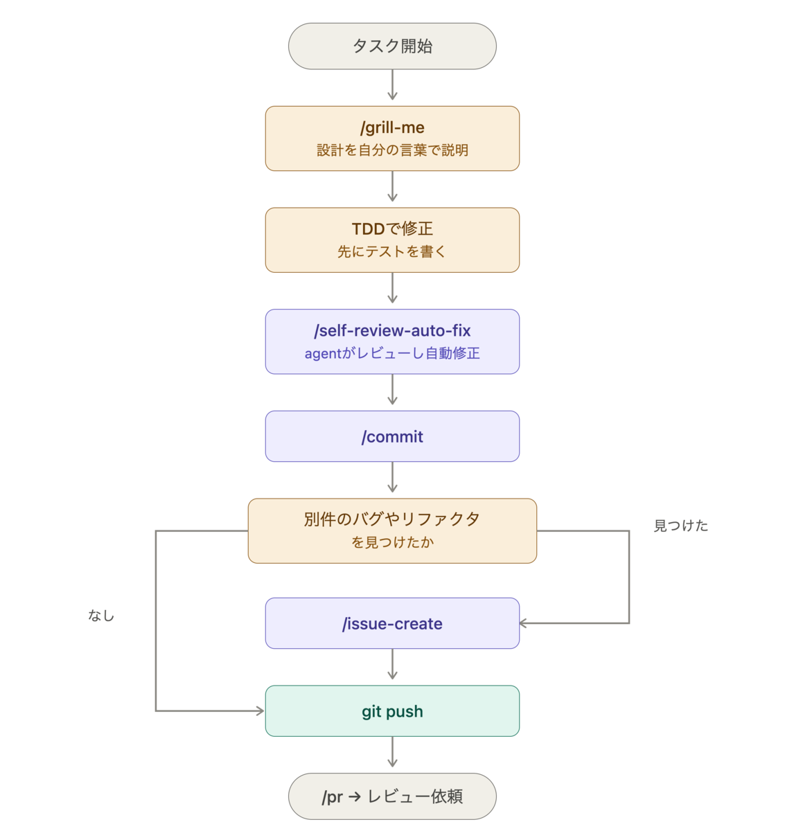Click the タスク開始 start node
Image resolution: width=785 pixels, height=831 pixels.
tap(392, 46)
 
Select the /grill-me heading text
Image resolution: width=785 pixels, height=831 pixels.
tap(392, 127)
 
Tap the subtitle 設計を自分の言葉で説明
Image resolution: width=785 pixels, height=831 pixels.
tap(392, 150)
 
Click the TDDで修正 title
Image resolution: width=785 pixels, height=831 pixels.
tap(392, 229)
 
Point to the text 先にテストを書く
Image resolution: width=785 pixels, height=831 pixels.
tap(392, 251)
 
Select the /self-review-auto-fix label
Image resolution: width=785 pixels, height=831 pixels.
tap(392, 330)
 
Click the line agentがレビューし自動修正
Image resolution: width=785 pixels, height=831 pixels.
tap(392, 353)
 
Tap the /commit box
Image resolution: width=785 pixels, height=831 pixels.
tap(392, 436)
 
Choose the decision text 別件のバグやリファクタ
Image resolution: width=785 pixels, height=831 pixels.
tap(392, 519)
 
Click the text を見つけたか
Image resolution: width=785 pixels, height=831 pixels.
tap(392, 542)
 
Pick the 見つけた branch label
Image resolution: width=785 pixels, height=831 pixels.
tap(681, 526)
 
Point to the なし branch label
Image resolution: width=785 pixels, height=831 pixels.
tap(101, 616)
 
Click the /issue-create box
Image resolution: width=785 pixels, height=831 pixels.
tap(392, 623)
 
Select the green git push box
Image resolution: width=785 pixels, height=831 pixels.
tap(392, 711)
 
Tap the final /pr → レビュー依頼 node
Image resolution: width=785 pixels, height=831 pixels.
tap(392, 796)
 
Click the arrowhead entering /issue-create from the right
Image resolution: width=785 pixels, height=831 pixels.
tap(522, 623)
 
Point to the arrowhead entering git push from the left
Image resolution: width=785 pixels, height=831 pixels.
tap(261, 711)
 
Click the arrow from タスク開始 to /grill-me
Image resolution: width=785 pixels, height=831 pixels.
tap(392, 84)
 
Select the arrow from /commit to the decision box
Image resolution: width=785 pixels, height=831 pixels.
tap(392, 477)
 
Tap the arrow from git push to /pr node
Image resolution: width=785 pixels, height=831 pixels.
tap(392, 752)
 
